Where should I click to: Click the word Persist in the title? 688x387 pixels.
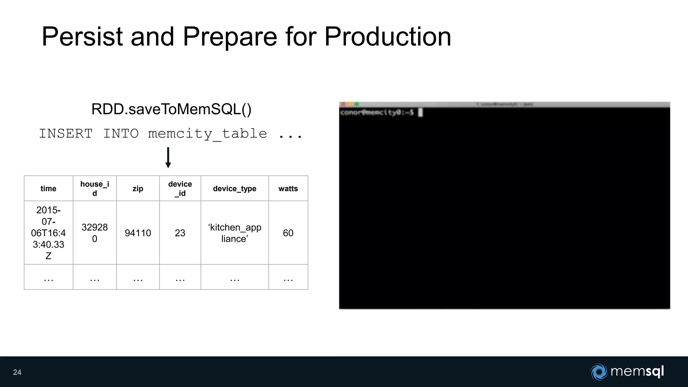82,37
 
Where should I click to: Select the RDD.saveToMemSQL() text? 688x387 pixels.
171,109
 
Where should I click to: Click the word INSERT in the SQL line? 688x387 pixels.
66,134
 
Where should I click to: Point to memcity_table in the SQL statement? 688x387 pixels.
207,134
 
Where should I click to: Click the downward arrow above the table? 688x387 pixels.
168,158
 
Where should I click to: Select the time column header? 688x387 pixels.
48,188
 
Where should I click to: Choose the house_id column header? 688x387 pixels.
95,188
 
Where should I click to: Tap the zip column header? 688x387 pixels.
138,188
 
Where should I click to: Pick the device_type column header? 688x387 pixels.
234,188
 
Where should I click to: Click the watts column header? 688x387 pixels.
288,188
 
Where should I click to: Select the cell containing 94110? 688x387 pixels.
138,233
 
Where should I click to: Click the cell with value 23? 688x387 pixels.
180,233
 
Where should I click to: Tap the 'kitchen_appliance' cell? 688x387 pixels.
234,233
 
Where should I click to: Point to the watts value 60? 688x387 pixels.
288,233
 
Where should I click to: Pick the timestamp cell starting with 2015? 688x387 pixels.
48,233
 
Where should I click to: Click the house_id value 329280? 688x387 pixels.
95,233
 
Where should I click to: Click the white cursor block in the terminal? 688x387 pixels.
420,113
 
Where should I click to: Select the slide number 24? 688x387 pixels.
17,372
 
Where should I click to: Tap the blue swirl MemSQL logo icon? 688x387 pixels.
599,372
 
